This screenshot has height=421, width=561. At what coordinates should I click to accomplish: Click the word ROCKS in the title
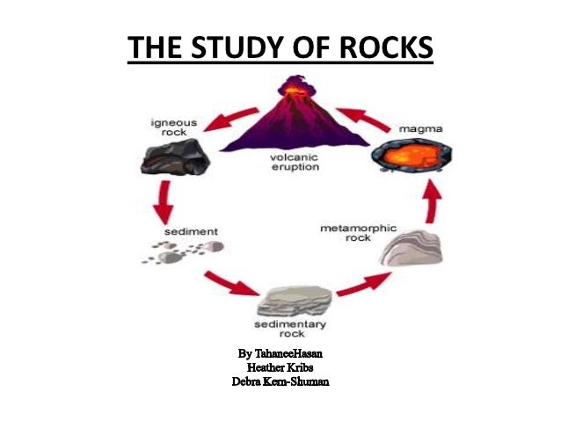click(382, 48)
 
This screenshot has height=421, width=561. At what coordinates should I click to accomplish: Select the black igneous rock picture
click(175, 159)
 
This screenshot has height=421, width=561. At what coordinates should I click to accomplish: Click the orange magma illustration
click(403, 163)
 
